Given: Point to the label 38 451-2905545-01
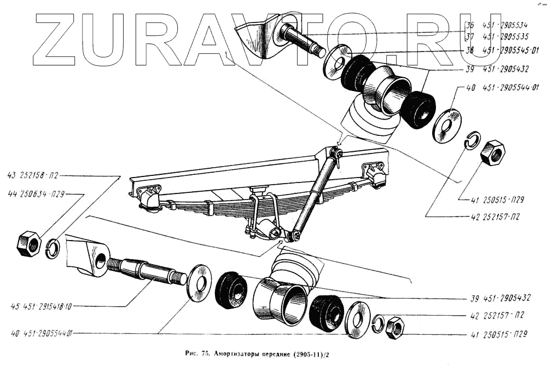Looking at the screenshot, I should [x=502, y=51].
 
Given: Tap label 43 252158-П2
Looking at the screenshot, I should [x=32, y=176].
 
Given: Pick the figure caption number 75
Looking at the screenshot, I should [x=205, y=353].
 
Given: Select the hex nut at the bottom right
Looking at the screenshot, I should [x=394, y=327].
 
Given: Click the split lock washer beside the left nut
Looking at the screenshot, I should [x=53, y=248].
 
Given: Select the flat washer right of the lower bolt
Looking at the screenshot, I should [x=199, y=283].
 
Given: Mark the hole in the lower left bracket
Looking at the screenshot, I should [x=100, y=260].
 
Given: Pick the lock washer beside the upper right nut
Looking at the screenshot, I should [x=472, y=140].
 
